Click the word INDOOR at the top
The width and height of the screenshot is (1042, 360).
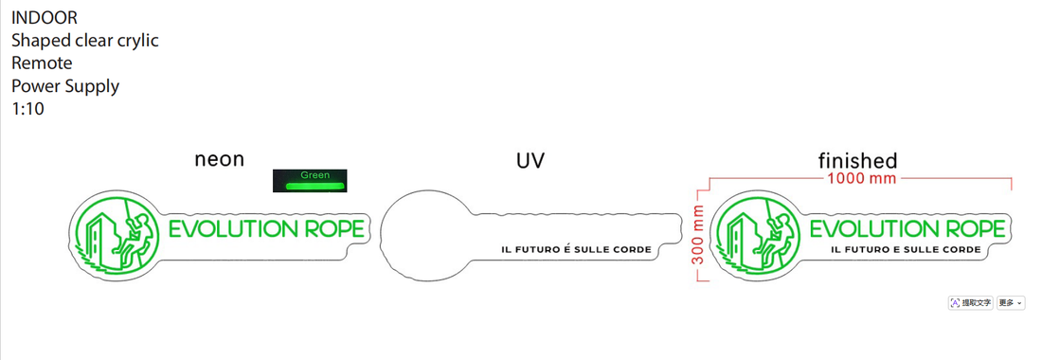click(x=44, y=18)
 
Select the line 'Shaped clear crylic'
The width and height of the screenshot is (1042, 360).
click(x=85, y=41)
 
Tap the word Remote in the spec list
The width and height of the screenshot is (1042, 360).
click(x=42, y=63)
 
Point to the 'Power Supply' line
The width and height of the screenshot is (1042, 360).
click(x=65, y=86)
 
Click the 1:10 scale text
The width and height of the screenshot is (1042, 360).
click(x=27, y=109)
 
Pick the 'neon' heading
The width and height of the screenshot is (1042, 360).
click(x=220, y=159)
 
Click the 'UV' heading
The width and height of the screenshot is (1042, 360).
click(x=530, y=161)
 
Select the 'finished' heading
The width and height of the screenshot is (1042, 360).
click(x=858, y=161)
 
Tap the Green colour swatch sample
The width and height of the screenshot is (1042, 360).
click(x=310, y=181)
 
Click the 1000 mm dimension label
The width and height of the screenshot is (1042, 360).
click(x=861, y=179)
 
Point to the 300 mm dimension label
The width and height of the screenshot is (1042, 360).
click(x=698, y=234)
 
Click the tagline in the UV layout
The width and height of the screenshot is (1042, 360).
click(x=576, y=250)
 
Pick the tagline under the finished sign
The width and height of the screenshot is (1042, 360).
click(x=906, y=250)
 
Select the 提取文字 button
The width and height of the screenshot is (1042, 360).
click(x=971, y=303)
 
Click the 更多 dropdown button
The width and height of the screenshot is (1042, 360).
click(x=1010, y=303)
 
